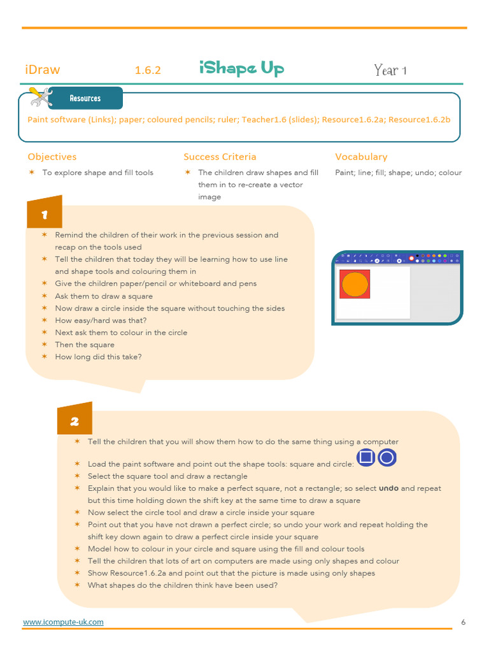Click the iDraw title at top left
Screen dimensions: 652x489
[43, 70]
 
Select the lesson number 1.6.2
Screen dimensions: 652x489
[148, 71]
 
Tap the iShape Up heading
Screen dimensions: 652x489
[241, 69]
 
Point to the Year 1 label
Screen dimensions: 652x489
[390, 70]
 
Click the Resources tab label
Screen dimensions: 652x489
[85, 99]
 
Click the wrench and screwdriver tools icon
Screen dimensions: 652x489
[41, 97]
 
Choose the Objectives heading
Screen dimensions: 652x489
[52, 157]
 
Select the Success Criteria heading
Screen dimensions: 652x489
[220, 157]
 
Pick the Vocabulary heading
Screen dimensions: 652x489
[361, 157]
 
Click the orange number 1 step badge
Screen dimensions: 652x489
[44, 215]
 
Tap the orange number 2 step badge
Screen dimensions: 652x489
[74, 421]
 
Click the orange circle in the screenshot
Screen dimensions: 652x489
[355, 284]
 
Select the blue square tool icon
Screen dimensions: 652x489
[365, 458]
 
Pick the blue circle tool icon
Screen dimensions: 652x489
[387, 458]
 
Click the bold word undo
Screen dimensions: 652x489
[388, 488]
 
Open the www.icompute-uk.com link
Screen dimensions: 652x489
[63, 622]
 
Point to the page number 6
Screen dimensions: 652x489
[463, 622]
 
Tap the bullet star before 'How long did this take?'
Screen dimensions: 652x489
[45, 357]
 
